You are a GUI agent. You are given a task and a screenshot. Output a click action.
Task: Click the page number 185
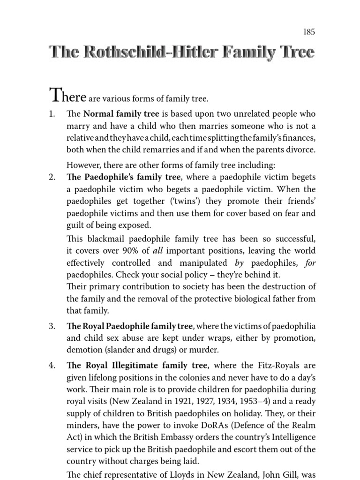pos(309,32)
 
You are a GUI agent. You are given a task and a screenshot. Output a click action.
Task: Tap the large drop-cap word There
pos(67,96)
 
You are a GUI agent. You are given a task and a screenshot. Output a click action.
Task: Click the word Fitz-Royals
pos(277,365)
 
